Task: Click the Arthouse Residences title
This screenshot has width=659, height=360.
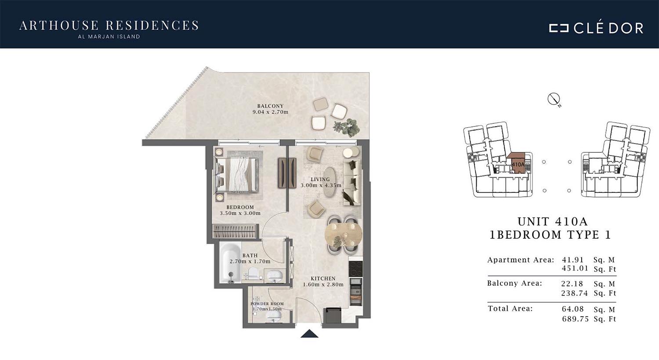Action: coord(109,25)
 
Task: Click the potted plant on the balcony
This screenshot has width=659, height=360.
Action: coord(346,128)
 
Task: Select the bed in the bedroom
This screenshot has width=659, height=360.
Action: coord(237,175)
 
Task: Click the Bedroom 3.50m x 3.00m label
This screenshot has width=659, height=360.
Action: coord(240,210)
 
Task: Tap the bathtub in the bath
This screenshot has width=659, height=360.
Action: coord(230,263)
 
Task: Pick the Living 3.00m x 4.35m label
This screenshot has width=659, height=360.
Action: coord(321,182)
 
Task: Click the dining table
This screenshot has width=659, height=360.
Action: coord(343,235)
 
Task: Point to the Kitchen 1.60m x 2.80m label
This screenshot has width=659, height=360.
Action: coord(323,281)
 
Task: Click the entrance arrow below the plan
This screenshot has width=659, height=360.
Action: coord(309,334)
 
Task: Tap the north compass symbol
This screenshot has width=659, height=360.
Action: coord(554,99)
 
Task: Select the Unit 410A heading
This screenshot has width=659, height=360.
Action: coord(553,222)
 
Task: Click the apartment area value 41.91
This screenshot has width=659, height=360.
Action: coord(572,260)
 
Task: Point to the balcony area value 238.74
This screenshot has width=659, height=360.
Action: coord(574,293)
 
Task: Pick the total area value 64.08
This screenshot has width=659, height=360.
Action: coord(572,310)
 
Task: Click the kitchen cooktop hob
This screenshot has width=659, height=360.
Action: coord(356,268)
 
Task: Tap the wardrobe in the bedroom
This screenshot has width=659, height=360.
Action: coord(235,231)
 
